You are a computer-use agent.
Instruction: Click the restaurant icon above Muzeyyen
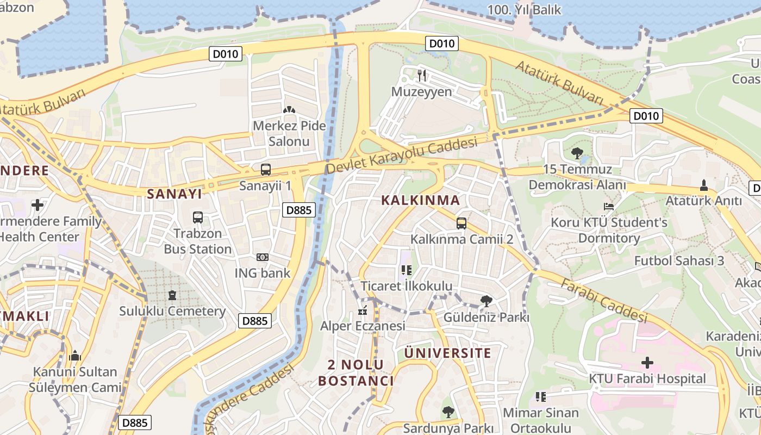click(x=422, y=75)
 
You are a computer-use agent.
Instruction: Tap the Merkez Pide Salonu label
click(x=289, y=134)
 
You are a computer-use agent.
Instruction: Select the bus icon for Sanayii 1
click(x=266, y=169)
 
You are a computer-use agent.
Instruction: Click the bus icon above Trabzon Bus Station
click(x=198, y=217)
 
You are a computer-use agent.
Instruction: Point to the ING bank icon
click(x=262, y=257)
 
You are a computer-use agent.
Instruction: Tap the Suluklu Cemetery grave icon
click(x=172, y=295)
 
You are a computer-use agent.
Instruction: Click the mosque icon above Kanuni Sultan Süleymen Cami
click(x=75, y=356)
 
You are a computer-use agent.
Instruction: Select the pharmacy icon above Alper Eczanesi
click(x=363, y=311)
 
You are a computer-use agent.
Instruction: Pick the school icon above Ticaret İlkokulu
click(x=407, y=270)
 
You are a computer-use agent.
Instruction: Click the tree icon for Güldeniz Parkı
click(x=486, y=301)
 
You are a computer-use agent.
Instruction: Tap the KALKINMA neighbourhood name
click(x=420, y=200)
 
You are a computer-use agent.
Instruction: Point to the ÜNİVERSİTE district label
click(x=448, y=353)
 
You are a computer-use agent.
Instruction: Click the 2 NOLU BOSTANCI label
click(x=356, y=372)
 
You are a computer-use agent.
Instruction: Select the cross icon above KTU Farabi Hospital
click(x=647, y=362)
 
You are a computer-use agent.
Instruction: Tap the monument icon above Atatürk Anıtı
click(x=704, y=185)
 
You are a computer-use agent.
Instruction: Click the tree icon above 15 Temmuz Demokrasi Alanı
click(x=577, y=153)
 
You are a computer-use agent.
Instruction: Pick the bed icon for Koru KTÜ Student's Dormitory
click(x=609, y=207)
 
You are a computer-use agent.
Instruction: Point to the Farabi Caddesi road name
click(x=604, y=301)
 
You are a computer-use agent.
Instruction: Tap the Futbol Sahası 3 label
click(x=679, y=260)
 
